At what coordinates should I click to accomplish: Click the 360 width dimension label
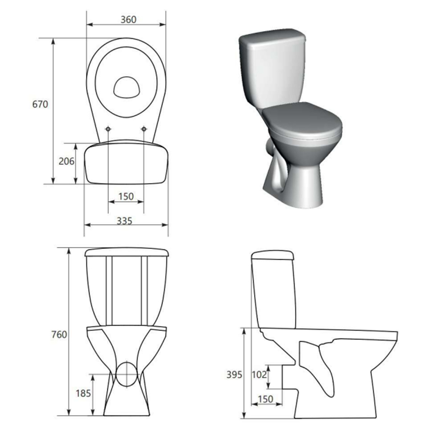point(129,20)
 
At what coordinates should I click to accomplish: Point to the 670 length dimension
point(40,104)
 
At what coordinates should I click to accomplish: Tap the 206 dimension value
point(66,161)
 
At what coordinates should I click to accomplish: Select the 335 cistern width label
point(125,221)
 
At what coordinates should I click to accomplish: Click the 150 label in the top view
point(126,197)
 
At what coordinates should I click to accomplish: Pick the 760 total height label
point(59,334)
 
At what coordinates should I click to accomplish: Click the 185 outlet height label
point(84,393)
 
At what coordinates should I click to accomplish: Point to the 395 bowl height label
point(234,375)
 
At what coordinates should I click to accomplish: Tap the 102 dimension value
point(259,375)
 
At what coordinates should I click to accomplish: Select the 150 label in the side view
point(265,399)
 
